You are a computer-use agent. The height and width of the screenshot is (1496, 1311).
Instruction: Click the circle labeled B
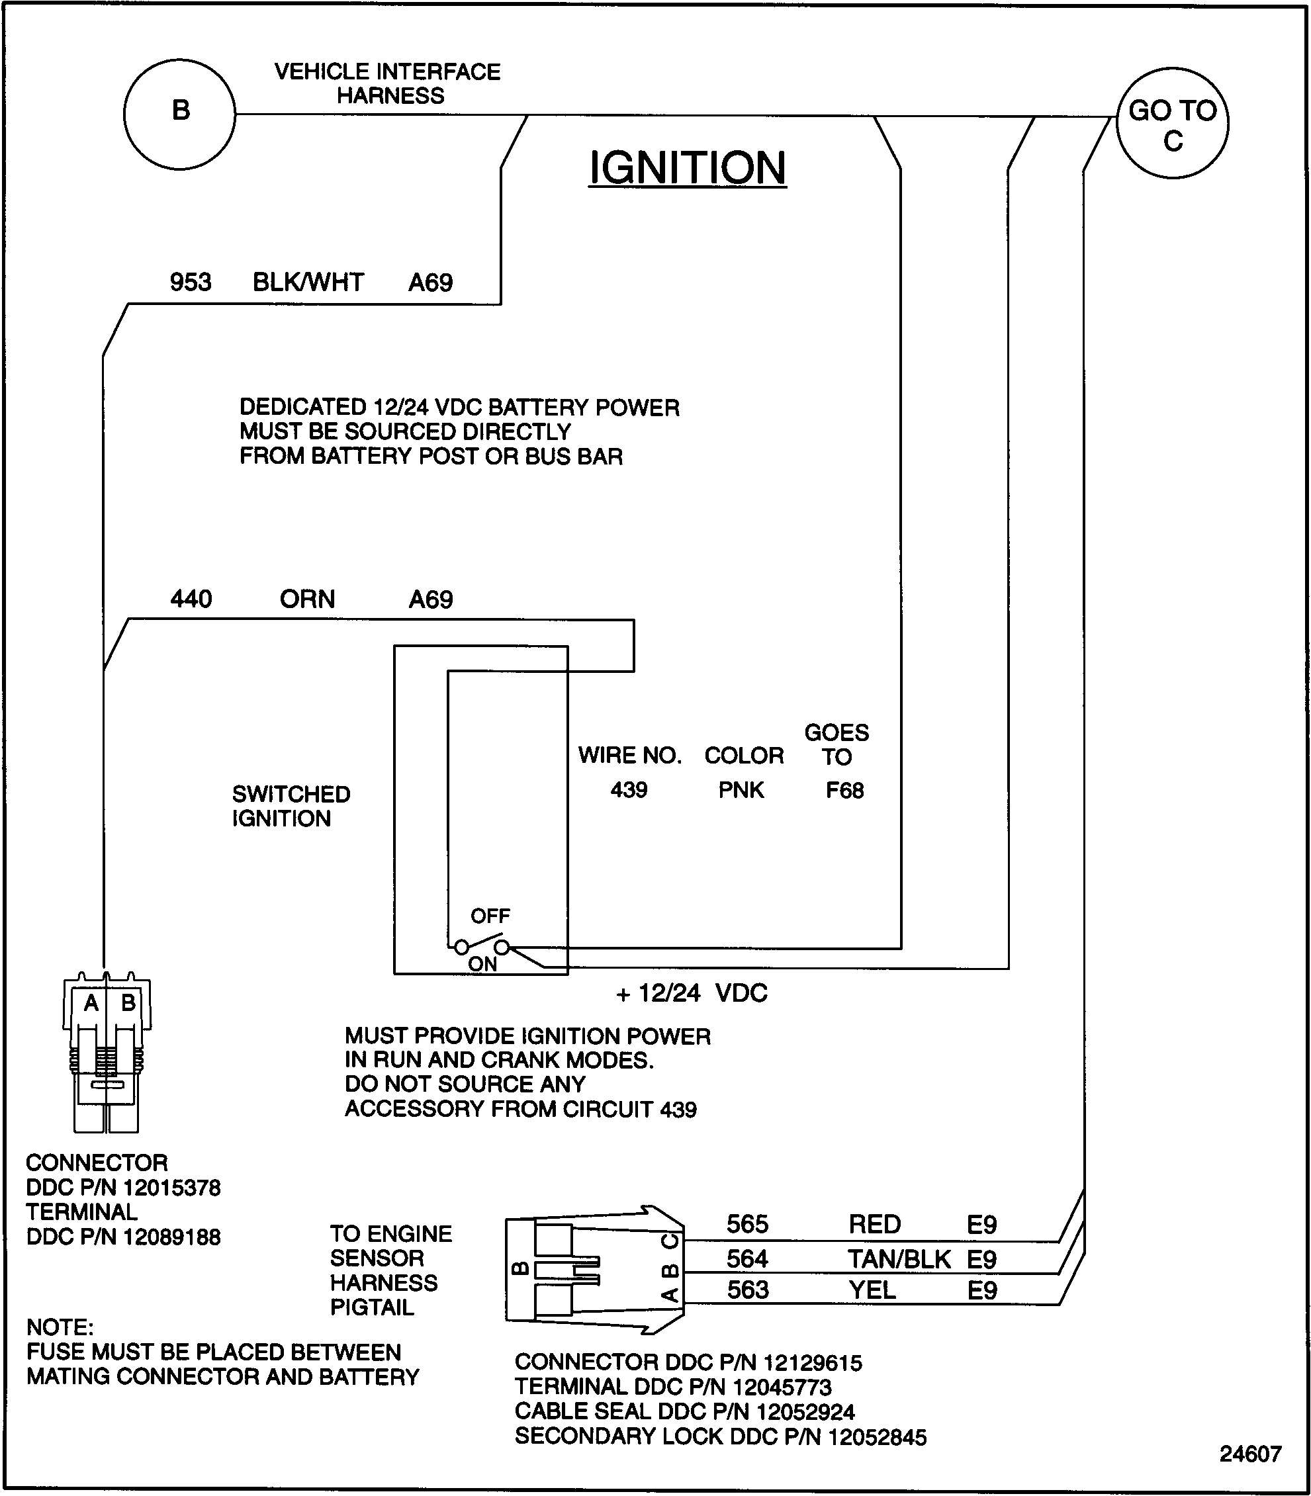click(180, 114)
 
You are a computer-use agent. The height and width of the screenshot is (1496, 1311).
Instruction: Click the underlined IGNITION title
click(687, 167)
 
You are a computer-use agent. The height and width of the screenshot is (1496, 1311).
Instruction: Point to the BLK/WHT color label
click(308, 282)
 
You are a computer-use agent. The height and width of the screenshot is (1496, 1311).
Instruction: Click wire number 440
click(191, 599)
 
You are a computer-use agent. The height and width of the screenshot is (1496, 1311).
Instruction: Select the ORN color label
click(307, 599)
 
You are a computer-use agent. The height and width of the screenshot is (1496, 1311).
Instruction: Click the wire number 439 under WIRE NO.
click(629, 790)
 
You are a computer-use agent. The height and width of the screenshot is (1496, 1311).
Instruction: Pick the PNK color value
click(741, 790)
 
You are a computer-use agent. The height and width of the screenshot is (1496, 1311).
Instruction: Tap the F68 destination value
click(844, 790)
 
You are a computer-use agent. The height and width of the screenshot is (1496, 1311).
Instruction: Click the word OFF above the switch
click(490, 915)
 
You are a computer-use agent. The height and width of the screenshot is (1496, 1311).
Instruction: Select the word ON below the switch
click(482, 964)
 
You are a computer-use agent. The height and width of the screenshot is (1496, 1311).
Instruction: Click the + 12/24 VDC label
click(692, 992)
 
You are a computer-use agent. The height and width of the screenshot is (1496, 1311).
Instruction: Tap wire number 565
click(747, 1224)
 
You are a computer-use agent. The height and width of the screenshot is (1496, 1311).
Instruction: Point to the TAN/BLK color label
click(899, 1259)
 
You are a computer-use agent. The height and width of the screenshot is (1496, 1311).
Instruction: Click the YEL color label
click(872, 1290)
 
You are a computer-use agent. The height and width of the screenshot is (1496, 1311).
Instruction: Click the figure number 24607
click(1250, 1454)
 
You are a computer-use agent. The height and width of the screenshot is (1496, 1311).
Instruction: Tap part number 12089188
click(172, 1237)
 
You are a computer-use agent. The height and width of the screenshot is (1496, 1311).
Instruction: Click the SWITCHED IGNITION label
click(291, 805)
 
